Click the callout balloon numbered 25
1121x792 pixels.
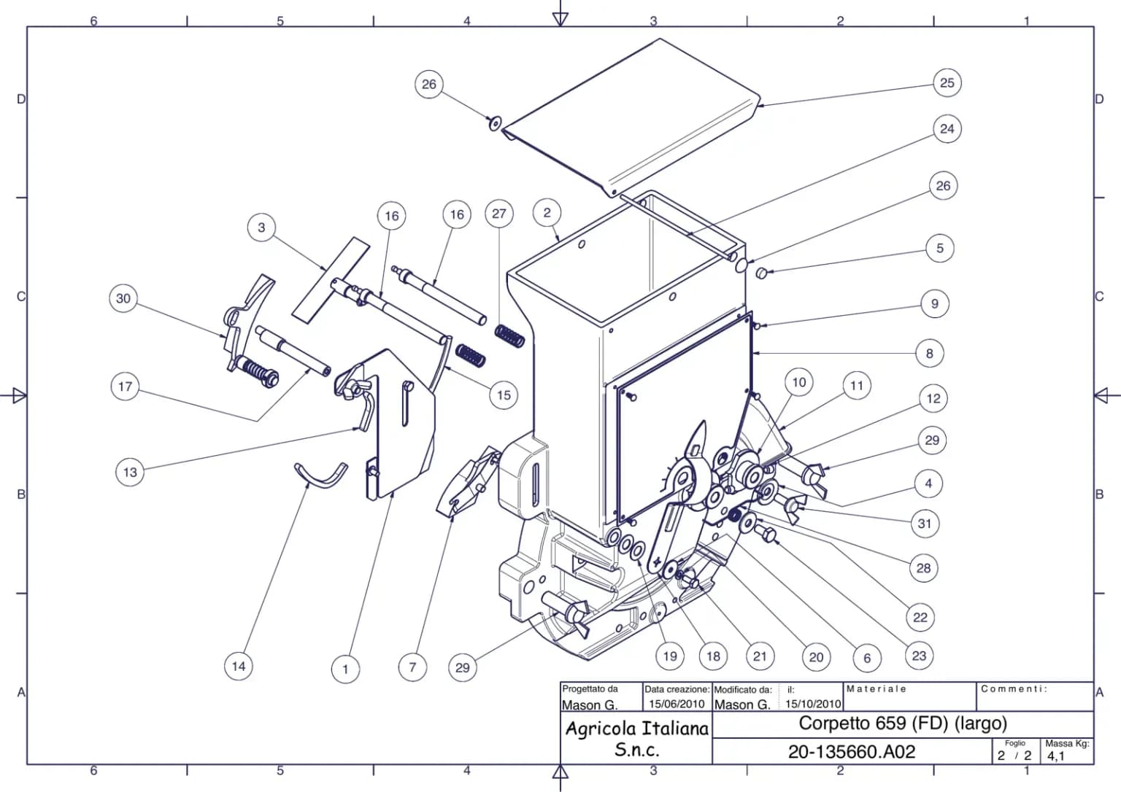pyautogui.click(x=947, y=83)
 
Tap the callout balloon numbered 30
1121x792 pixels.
pyautogui.click(x=123, y=298)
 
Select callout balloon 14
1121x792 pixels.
pyautogui.click(x=239, y=666)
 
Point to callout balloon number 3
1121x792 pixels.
pyautogui.click(x=261, y=228)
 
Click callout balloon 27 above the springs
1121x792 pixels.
pyautogui.click(x=499, y=214)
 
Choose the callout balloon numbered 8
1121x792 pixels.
pyautogui.click(x=929, y=354)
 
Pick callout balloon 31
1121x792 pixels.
pyautogui.click(x=925, y=524)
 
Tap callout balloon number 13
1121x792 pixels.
pyautogui.click(x=130, y=472)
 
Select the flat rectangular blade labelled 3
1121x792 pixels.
pyautogui.click(x=331, y=280)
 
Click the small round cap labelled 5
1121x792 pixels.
pyautogui.click(x=760, y=273)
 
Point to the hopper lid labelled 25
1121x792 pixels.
pyautogui.click(x=631, y=117)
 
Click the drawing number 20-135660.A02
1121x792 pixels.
pyautogui.click(x=851, y=752)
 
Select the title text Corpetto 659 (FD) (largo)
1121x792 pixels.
pyautogui.click(x=903, y=723)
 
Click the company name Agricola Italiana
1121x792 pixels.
pyautogui.click(x=636, y=729)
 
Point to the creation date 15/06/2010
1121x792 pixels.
pyautogui.click(x=677, y=704)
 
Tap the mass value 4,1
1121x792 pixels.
pyautogui.click(x=1055, y=756)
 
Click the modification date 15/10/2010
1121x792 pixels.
pyautogui.click(x=813, y=704)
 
